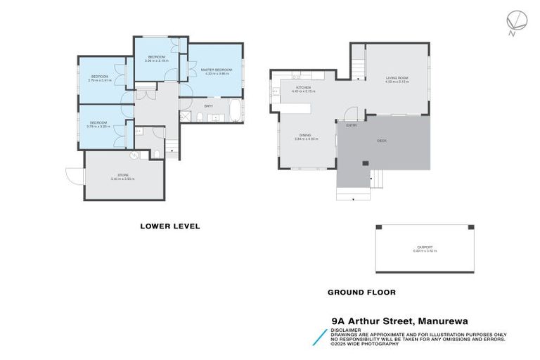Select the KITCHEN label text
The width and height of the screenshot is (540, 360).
click(303, 88)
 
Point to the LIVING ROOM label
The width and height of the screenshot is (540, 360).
click(397, 78)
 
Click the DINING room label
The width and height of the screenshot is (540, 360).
click(305, 136)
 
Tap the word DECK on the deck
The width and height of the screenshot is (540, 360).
click(382, 141)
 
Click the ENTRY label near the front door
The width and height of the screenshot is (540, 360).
click(351, 125)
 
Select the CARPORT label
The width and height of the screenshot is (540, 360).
click(425, 247)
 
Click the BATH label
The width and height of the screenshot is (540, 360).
click(208, 106)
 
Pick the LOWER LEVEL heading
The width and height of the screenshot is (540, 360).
click(170, 226)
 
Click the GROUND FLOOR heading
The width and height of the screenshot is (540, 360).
click(361, 292)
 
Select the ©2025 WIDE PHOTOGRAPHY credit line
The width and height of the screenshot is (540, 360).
click(364, 344)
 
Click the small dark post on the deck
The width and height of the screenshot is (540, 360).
click(365, 164)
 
